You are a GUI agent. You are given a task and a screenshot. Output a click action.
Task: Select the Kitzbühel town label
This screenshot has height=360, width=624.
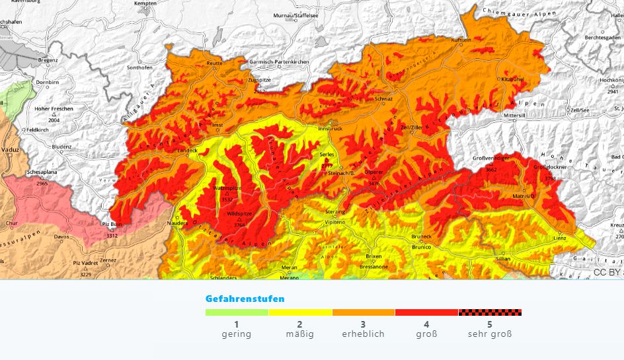512,79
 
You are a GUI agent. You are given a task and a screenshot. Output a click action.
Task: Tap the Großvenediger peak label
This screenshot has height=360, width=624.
490,159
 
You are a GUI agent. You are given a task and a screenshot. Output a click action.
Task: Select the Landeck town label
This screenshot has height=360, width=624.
187,150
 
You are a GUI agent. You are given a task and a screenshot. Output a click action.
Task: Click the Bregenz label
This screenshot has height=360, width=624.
48,60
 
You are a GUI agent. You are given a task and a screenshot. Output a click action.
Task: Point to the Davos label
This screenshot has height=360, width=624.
61,236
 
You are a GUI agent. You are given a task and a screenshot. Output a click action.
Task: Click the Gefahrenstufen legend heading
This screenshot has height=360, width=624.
245,299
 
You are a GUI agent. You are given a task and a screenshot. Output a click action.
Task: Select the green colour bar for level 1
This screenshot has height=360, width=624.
237,312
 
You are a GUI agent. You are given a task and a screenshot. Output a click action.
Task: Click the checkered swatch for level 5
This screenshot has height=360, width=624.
489,312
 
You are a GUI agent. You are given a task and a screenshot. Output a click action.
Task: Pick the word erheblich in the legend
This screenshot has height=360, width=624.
363,334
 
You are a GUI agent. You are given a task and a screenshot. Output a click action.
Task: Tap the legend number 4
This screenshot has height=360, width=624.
426,324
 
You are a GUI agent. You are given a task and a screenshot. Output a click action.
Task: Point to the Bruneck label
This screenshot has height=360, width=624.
421,236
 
